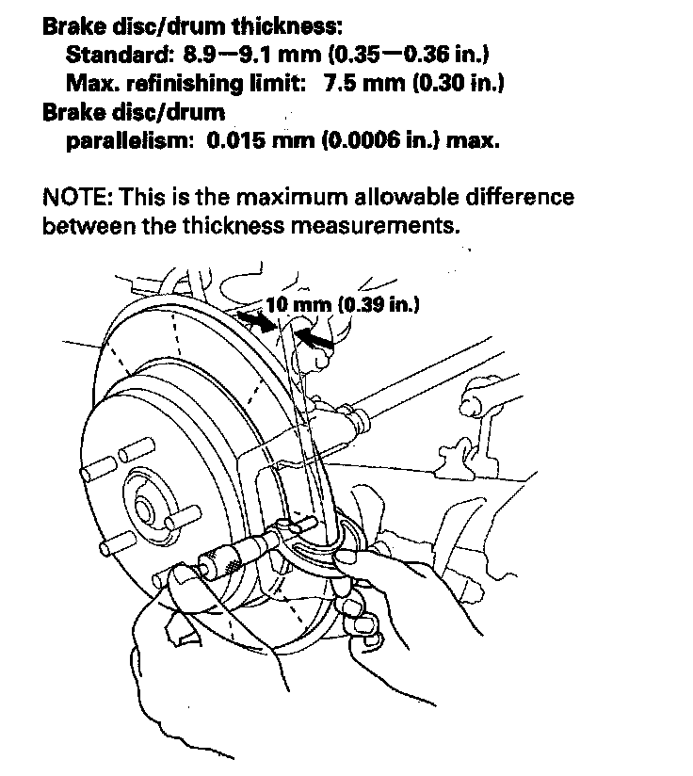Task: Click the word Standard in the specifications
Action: click(x=111, y=56)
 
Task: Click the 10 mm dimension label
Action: click(x=292, y=305)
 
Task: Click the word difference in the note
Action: click(x=518, y=199)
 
